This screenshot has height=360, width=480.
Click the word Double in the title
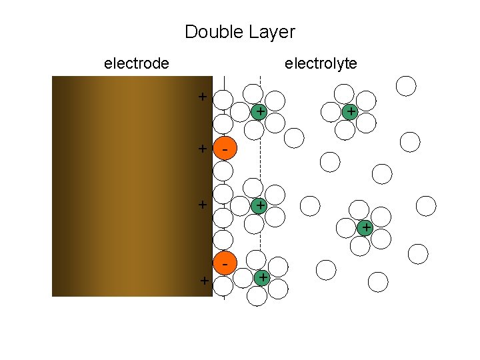coord(209,31)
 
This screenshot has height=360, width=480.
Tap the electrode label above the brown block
coord(137,63)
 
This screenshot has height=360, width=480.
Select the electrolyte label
coord(321,63)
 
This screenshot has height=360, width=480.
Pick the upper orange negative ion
coord(225,151)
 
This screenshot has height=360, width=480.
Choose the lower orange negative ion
coord(225,264)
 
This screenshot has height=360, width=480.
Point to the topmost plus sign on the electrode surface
coord(202,97)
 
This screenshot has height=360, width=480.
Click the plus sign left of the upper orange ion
coord(202,149)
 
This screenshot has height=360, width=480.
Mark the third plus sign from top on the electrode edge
coord(202,205)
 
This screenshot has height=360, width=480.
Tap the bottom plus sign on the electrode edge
coord(204,281)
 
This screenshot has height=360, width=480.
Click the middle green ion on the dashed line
coord(259,206)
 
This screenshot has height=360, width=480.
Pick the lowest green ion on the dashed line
coord(263,277)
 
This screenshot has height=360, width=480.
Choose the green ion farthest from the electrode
coord(365,229)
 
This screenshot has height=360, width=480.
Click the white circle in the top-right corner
coord(406,86)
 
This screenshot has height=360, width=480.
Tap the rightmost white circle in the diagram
coord(427,205)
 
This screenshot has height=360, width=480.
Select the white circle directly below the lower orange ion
coord(223,286)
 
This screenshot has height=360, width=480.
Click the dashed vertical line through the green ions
coord(260,160)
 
